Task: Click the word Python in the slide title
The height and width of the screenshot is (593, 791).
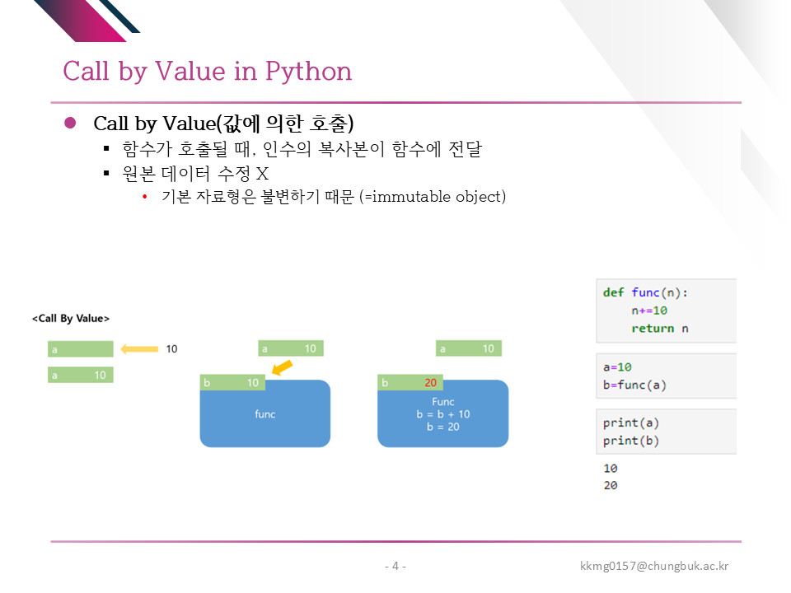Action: point(308,72)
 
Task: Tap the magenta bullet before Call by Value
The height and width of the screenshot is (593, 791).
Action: point(70,123)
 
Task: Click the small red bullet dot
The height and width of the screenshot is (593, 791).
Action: point(145,197)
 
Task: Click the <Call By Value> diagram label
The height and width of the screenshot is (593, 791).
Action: point(71,318)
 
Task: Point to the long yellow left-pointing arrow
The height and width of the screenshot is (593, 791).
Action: point(139,349)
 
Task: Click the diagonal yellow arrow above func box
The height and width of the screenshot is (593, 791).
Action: point(282,367)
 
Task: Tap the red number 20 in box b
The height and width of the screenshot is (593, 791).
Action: point(430,383)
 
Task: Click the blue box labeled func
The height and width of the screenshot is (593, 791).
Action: point(265,413)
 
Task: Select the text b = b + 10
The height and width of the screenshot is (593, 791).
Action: point(443,414)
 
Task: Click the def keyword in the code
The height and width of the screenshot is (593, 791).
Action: point(613,292)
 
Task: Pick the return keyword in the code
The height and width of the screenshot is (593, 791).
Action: point(653,329)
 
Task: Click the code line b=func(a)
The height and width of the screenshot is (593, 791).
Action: point(634,385)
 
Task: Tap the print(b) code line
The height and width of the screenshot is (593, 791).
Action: point(631,441)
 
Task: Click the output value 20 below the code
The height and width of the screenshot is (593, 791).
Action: point(611,485)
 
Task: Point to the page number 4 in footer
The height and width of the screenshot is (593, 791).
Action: point(395,566)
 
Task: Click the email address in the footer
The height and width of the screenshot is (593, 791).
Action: point(654,566)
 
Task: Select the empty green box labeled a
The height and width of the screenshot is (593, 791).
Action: point(81,349)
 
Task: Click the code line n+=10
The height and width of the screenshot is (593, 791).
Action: point(649,311)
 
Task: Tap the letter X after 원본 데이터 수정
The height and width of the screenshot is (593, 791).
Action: point(262,174)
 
